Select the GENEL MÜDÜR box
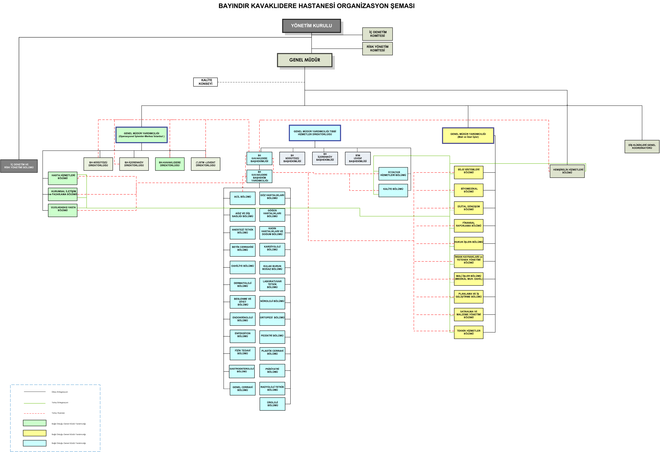pyautogui.click(x=305, y=60)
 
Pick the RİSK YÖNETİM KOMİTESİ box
pyautogui.click(x=377, y=49)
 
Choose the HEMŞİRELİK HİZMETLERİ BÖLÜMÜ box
pyautogui.click(x=567, y=171)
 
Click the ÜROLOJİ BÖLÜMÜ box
pyautogui.click(x=272, y=404)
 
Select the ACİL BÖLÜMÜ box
pyautogui.click(x=243, y=198)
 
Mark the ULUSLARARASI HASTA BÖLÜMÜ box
pyautogui.click(x=63, y=210)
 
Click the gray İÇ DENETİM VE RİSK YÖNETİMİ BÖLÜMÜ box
pyautogui.click(x=19, y=166)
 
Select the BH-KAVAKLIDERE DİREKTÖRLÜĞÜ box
pyautogui.click(x=170, y=164)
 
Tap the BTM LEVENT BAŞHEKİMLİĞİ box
pyautogui.click(x=358, y=158)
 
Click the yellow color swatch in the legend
pyautogui.click(x=35, y=433)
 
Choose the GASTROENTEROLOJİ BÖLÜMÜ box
pyautogui.click(x=242, y=372)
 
